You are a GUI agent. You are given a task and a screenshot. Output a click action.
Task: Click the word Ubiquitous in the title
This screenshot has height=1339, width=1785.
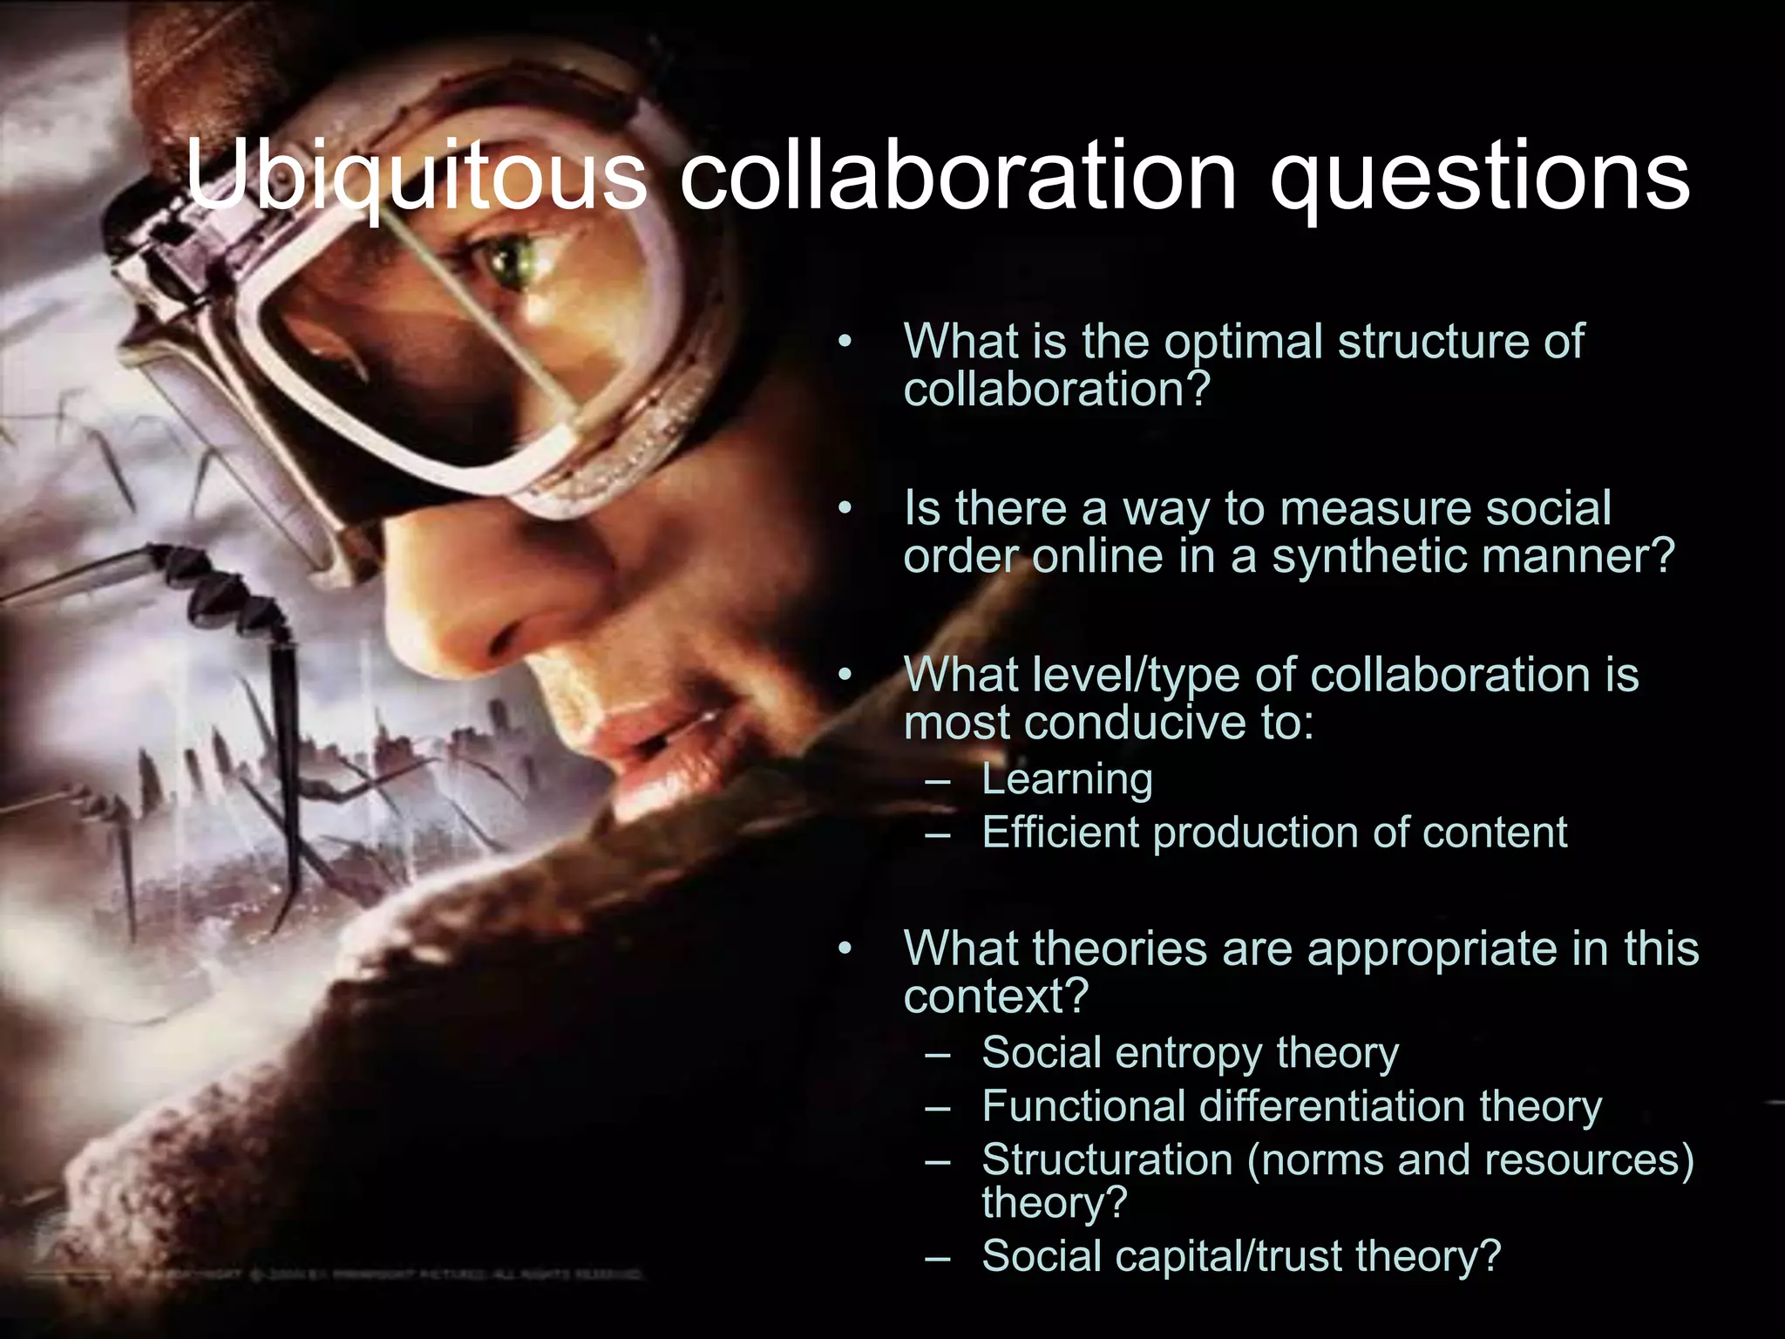[x=417, y=178]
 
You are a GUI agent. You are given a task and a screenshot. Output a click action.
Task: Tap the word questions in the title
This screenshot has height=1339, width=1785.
[x=1479, y=178]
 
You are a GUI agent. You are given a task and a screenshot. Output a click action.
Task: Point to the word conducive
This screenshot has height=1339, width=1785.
[x=1130, y=723]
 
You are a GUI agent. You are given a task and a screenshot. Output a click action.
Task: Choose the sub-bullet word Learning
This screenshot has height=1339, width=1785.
[x=1067, y=778]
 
